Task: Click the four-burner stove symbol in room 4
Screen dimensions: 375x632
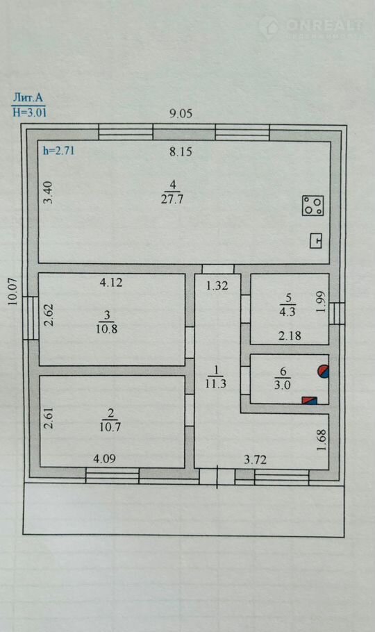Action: click(x=313, y=206)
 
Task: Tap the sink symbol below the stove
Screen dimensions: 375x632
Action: click(x=316, y=241)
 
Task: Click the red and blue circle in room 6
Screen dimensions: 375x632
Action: click(x=324, y=372)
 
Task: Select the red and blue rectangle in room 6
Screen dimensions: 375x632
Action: click(x=309, y=400)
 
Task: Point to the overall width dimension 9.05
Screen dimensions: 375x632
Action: click(x=181, y=114)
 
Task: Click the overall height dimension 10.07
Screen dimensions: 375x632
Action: click(x=13, y=292)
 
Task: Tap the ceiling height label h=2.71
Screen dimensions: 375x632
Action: click(x=58, y=151)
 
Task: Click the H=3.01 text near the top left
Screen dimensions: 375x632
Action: click(x=29, y=112)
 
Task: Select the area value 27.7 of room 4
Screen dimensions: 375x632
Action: click(x=173, y=199)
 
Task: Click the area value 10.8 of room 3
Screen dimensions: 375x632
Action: click(x=107, y=329)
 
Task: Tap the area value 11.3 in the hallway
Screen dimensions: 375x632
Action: click(x=216, y=383)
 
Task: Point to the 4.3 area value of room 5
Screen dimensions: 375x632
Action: click(x=287, y=312)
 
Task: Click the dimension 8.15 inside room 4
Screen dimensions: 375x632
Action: click(x=181, y=152)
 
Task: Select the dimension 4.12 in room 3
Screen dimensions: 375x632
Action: click(x=111, y=283)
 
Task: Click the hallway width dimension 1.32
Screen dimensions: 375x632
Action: click(x=217, y=285)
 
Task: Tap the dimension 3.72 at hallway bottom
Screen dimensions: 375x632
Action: click(x=256, y=460)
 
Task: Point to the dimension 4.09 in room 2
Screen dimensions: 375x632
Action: click(x=105, y=458)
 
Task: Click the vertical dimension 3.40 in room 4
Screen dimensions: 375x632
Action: click(x=48, y=193)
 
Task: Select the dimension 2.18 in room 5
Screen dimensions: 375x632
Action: click(x=290, y=335)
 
